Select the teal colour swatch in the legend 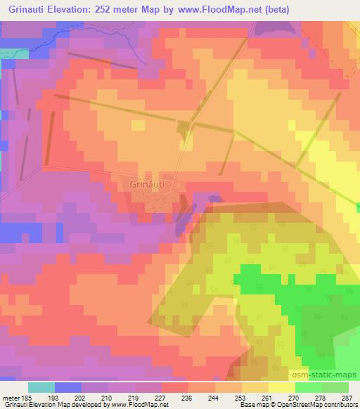[x=41, y=387]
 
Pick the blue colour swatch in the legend [x=68, y=387]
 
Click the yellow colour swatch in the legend [x=281, y=387]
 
